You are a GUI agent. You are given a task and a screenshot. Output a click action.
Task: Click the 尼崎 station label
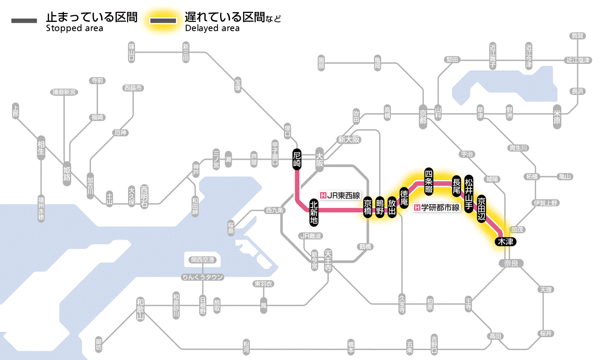point(296,159)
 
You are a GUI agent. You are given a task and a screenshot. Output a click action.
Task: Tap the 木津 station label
point(505,242)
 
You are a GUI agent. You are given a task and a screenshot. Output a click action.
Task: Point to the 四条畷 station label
point(428,180)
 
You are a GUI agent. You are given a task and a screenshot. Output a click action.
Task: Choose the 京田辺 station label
point(481,207)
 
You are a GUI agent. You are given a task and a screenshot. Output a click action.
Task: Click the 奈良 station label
point(511,263)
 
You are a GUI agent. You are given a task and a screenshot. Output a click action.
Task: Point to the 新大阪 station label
point(349,139)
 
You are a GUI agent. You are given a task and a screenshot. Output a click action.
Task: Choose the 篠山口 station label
point(132,51)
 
